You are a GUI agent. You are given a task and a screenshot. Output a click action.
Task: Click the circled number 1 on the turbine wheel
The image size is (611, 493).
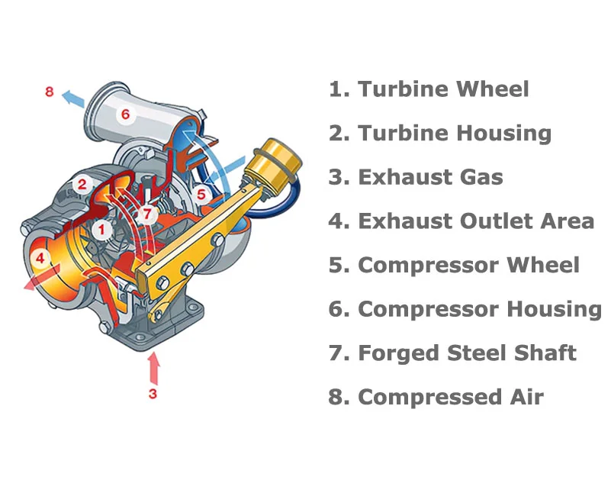[x=101, y=230]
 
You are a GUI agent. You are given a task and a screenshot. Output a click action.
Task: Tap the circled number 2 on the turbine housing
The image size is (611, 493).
[x=82, y=184]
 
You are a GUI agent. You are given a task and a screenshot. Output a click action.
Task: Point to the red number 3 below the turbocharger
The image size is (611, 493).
[x=153, y=394]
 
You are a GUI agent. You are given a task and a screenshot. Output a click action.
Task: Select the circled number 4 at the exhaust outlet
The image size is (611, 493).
[x=40, y=258]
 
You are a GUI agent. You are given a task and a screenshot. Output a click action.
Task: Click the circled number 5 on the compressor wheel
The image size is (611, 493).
[x=201, y=194]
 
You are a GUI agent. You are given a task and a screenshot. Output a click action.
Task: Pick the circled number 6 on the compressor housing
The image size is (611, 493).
[x=125, y=114]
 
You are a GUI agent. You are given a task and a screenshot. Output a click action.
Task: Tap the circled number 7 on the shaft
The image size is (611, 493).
[x=147, y=214]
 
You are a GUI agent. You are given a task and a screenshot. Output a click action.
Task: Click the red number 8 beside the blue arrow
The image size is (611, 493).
[x=49, y=92]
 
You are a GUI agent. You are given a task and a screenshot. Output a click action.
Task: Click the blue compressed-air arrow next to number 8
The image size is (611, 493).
[x=73, y=98]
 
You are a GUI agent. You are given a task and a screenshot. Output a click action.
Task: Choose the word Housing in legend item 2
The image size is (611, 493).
[x=503, y=134]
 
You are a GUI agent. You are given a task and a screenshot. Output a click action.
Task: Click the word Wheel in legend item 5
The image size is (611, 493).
[x=543, y=265]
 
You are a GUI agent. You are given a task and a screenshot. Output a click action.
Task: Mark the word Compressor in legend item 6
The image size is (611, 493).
[x=428, y=310]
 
